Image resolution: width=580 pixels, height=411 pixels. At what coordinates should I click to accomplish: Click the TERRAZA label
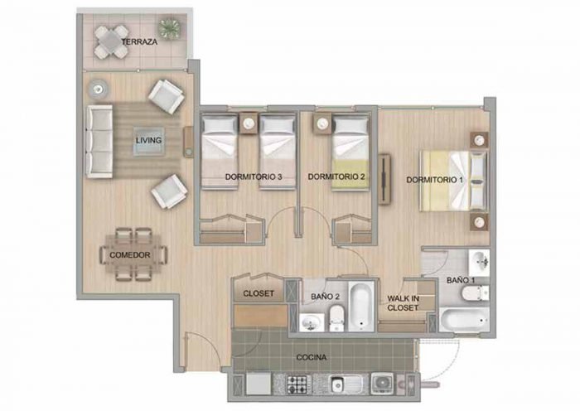139,41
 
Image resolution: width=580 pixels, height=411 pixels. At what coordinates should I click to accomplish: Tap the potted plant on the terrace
170,28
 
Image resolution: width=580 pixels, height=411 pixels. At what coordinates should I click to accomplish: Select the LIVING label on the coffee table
148,141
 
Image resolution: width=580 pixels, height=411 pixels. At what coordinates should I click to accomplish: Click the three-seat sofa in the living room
99,142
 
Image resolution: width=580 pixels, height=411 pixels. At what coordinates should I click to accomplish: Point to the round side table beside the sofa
98,89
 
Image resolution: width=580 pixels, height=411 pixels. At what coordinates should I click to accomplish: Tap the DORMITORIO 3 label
254,176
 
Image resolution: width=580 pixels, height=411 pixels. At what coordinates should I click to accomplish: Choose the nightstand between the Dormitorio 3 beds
249,123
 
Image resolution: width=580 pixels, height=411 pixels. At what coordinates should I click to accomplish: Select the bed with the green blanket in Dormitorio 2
350,152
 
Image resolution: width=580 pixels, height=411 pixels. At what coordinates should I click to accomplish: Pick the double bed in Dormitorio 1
453,181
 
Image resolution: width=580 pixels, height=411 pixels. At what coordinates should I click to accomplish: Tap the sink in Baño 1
480,263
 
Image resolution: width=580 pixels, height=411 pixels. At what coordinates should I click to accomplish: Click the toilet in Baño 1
476,293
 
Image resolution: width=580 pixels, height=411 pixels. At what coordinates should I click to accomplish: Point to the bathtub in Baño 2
361,306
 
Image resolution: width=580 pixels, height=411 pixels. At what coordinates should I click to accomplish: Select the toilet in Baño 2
336,318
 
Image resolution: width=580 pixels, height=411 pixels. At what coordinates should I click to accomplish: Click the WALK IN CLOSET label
403,303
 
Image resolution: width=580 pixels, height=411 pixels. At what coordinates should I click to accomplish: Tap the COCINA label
312,357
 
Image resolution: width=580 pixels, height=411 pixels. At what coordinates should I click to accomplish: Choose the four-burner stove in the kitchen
298,384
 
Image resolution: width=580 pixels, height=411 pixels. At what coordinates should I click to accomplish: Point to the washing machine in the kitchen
382,383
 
